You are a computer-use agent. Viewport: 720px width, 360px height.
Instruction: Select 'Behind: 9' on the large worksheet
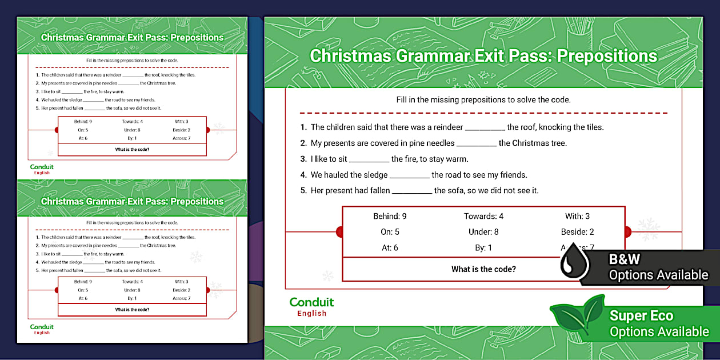[390, 216]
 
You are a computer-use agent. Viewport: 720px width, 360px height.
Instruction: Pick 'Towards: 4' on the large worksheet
[483, 216]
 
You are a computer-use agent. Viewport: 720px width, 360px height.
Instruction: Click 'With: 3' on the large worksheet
[577, 216]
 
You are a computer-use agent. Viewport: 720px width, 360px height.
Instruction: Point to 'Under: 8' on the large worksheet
[483, 232]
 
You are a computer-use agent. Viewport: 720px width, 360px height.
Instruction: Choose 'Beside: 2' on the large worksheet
[577, 232]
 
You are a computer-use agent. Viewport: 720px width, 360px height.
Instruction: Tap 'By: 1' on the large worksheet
[483, 248]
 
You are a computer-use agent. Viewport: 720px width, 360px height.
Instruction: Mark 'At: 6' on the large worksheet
[390, 248]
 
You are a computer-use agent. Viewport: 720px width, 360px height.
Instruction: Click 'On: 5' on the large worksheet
[390, 232]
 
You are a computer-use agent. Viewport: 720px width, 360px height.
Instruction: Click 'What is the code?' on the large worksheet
[483, 269]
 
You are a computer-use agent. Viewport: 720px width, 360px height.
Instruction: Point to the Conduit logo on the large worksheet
[311, 306]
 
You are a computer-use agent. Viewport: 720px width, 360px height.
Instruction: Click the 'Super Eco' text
[641, 315]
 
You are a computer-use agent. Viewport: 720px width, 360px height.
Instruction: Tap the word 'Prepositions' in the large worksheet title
[607, 56]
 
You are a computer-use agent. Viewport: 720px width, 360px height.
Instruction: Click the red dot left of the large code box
[339, 231]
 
